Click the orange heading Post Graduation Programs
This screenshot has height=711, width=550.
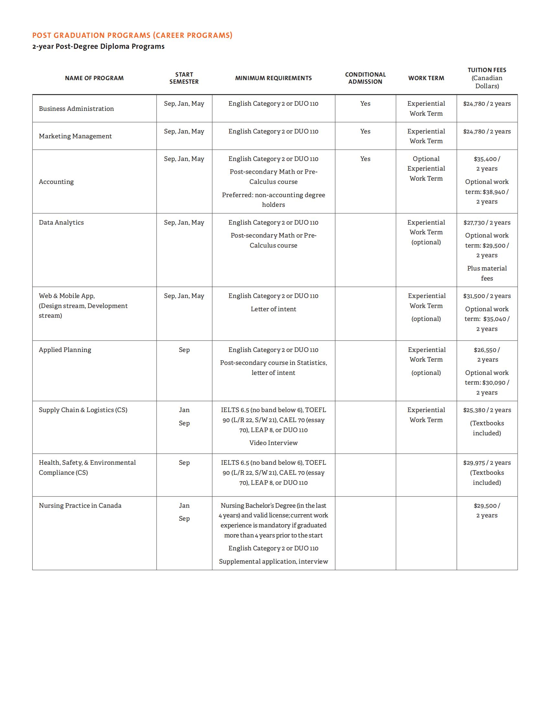[x=132, y=35]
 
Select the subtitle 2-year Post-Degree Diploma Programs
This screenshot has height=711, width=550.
[x=98, y=46]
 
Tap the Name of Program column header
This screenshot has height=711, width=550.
[x=94, y=78]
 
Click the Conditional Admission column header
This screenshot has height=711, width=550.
[x=365, y=78]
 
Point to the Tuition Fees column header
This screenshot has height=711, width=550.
[x=487, y=78]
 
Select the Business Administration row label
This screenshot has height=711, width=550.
[x=76, y=109]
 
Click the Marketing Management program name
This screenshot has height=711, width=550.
[x=75, y=136]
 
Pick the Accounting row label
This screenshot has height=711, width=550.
[x=56, y=182]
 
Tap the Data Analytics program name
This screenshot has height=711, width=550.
[x=61, y=222]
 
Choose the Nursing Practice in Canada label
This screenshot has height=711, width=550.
[x=80, y=505]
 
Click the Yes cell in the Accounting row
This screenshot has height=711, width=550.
[x=365, y=159]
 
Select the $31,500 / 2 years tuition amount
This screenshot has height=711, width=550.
[x=487, y=296]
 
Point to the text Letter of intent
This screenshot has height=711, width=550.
[x=273, y=309]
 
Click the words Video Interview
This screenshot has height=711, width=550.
[x=273, y=443]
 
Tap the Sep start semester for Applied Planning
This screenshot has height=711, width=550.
[x=184, y=350]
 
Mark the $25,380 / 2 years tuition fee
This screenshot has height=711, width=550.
[x=487, y=410]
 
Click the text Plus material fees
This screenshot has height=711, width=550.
[x=487, y=273]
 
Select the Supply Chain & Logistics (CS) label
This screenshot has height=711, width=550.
[x=83, y=410]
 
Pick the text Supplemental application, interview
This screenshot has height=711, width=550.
[x=273, y=561]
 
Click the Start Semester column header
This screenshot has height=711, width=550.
[x=184, y=78]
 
